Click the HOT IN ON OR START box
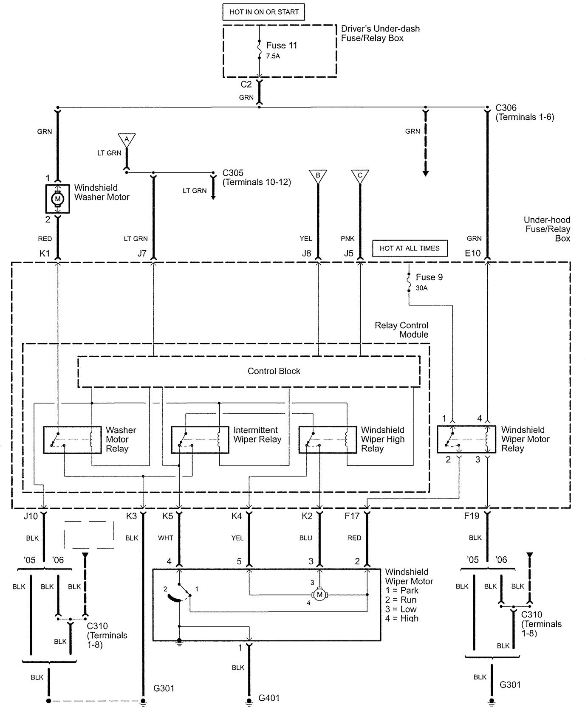(264, 12)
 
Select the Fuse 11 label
(281, 45)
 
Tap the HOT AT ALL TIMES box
(410, 248)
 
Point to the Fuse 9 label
(429, 277)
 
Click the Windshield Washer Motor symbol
(58, 198)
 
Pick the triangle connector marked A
(127, 139)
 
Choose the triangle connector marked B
(318, 176)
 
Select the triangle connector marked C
(360, 176)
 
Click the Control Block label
(274, 371)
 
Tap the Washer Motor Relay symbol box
(72, 440)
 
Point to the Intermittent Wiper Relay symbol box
(200, 440)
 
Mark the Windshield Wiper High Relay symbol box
(328, 440)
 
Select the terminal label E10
(472, 254)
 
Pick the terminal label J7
(142, 254)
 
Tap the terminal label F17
(352, 516)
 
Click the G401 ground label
(269, 698)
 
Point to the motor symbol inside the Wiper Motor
(319, 595)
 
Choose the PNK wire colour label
(348, 239)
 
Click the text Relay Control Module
(401, 330)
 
